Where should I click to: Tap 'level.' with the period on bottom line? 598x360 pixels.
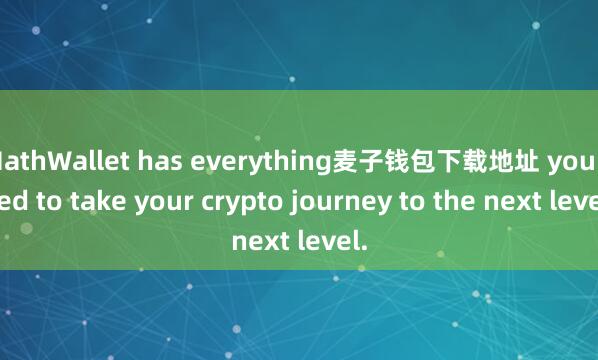[x=328, y=240]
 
